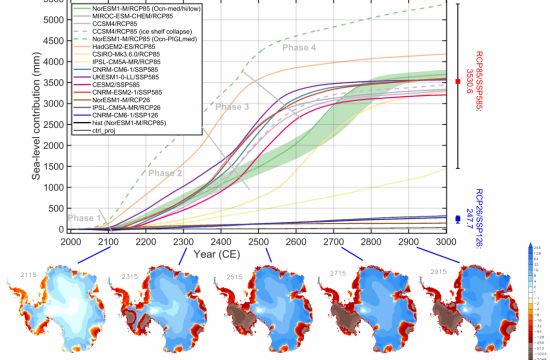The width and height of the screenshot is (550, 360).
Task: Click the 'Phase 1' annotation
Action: tap(84, 218)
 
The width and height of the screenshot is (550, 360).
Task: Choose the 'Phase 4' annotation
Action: tap(297, 47)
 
